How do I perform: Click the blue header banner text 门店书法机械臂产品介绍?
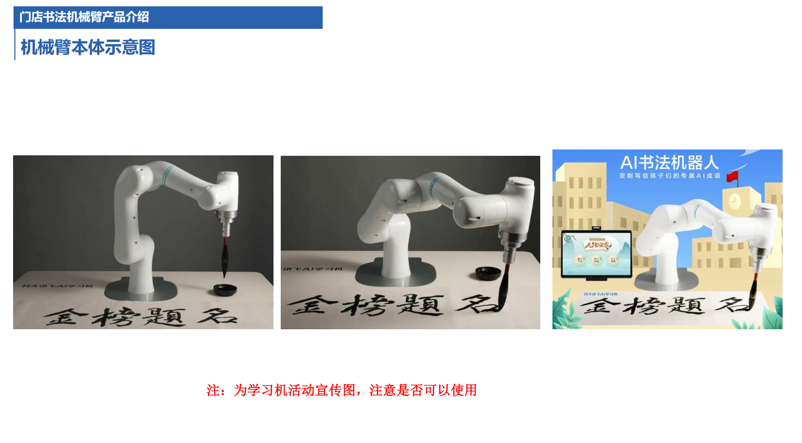[x=84, y=17]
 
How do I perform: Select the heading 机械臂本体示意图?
[x=88, y=47]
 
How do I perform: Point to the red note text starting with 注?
[x=342, y=390]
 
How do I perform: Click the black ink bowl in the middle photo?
[x=488, y=272]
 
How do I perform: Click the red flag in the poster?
[x=732, y=177]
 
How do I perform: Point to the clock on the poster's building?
[x=734, y=199]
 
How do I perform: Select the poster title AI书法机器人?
[x=669, y=163]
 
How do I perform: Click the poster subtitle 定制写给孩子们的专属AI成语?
[x=669, y=176]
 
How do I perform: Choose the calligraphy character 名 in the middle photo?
[x=474, y=304]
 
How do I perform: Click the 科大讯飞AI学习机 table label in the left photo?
[x=58, y=285]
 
